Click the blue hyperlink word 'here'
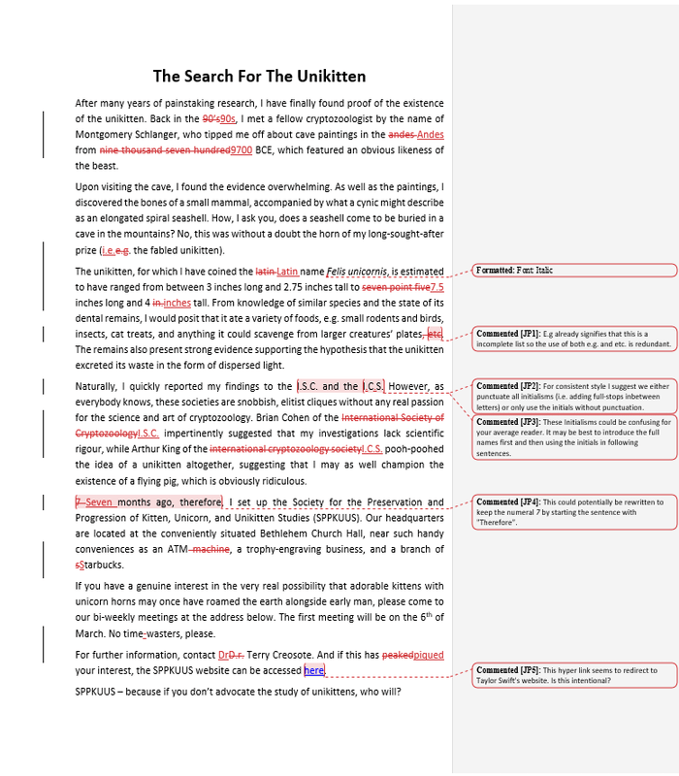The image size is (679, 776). (313, 669)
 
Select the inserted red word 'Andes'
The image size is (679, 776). (430, 135)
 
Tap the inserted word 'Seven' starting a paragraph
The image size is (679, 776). (99, 502)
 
